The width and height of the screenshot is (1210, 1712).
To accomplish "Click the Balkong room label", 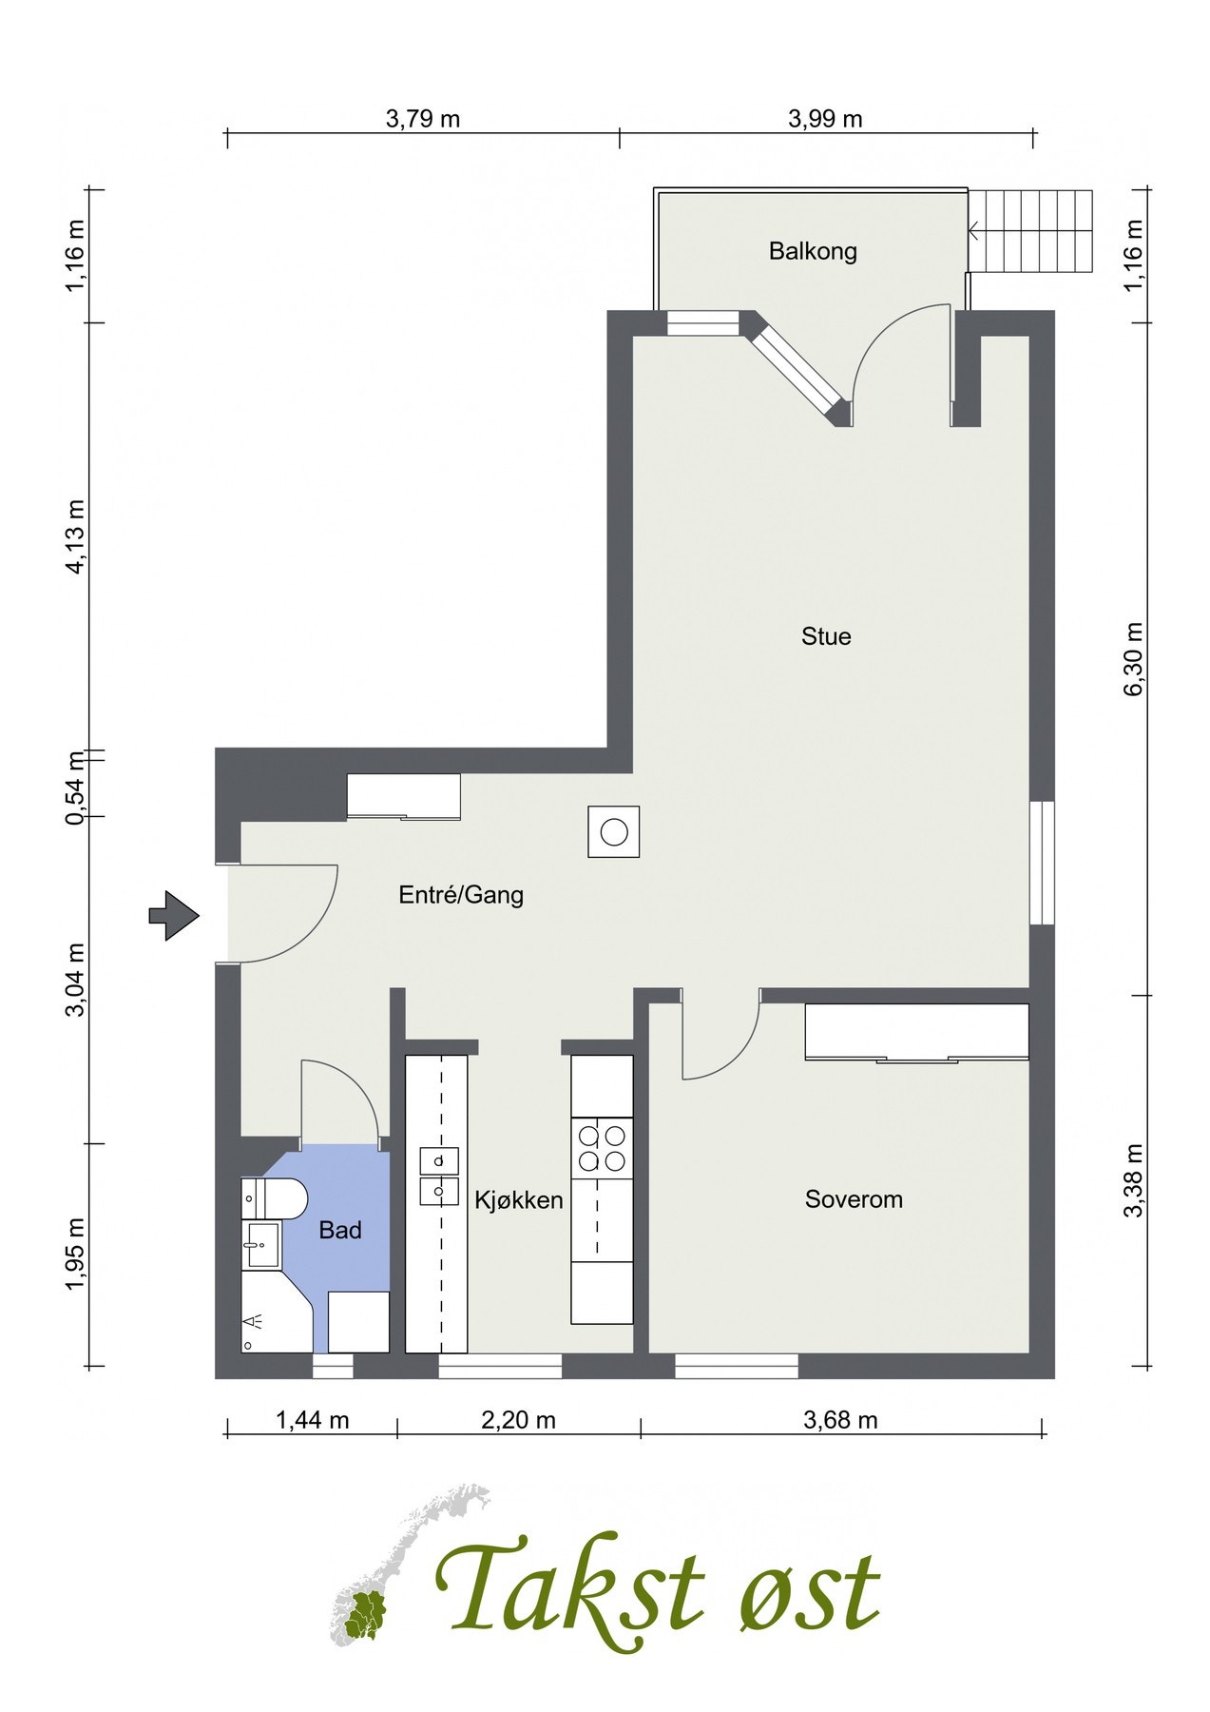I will (813, 251).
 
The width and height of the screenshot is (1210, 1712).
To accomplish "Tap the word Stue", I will (825, 636).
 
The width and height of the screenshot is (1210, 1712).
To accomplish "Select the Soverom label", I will (853, 1199).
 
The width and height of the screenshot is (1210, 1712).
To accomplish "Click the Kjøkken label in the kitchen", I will (518, 1200).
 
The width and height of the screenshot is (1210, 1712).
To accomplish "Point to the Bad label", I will (339, 1231).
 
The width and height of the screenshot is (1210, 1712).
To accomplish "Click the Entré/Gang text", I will (461, 895).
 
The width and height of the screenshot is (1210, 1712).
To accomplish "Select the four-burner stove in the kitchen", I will (602, 1148).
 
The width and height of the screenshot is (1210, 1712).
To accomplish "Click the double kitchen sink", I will (439, 1176).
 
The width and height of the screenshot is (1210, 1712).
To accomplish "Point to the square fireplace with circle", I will (613, 832).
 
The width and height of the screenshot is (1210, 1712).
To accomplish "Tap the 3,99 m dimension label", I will (825, 119).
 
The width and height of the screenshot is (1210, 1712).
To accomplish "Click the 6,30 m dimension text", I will (1133, 659).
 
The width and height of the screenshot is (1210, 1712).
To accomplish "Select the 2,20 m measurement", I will (518, 1420).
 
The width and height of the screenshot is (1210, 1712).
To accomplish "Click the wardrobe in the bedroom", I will (916, 1031).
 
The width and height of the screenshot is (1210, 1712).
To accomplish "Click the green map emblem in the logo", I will (366, 1614).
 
